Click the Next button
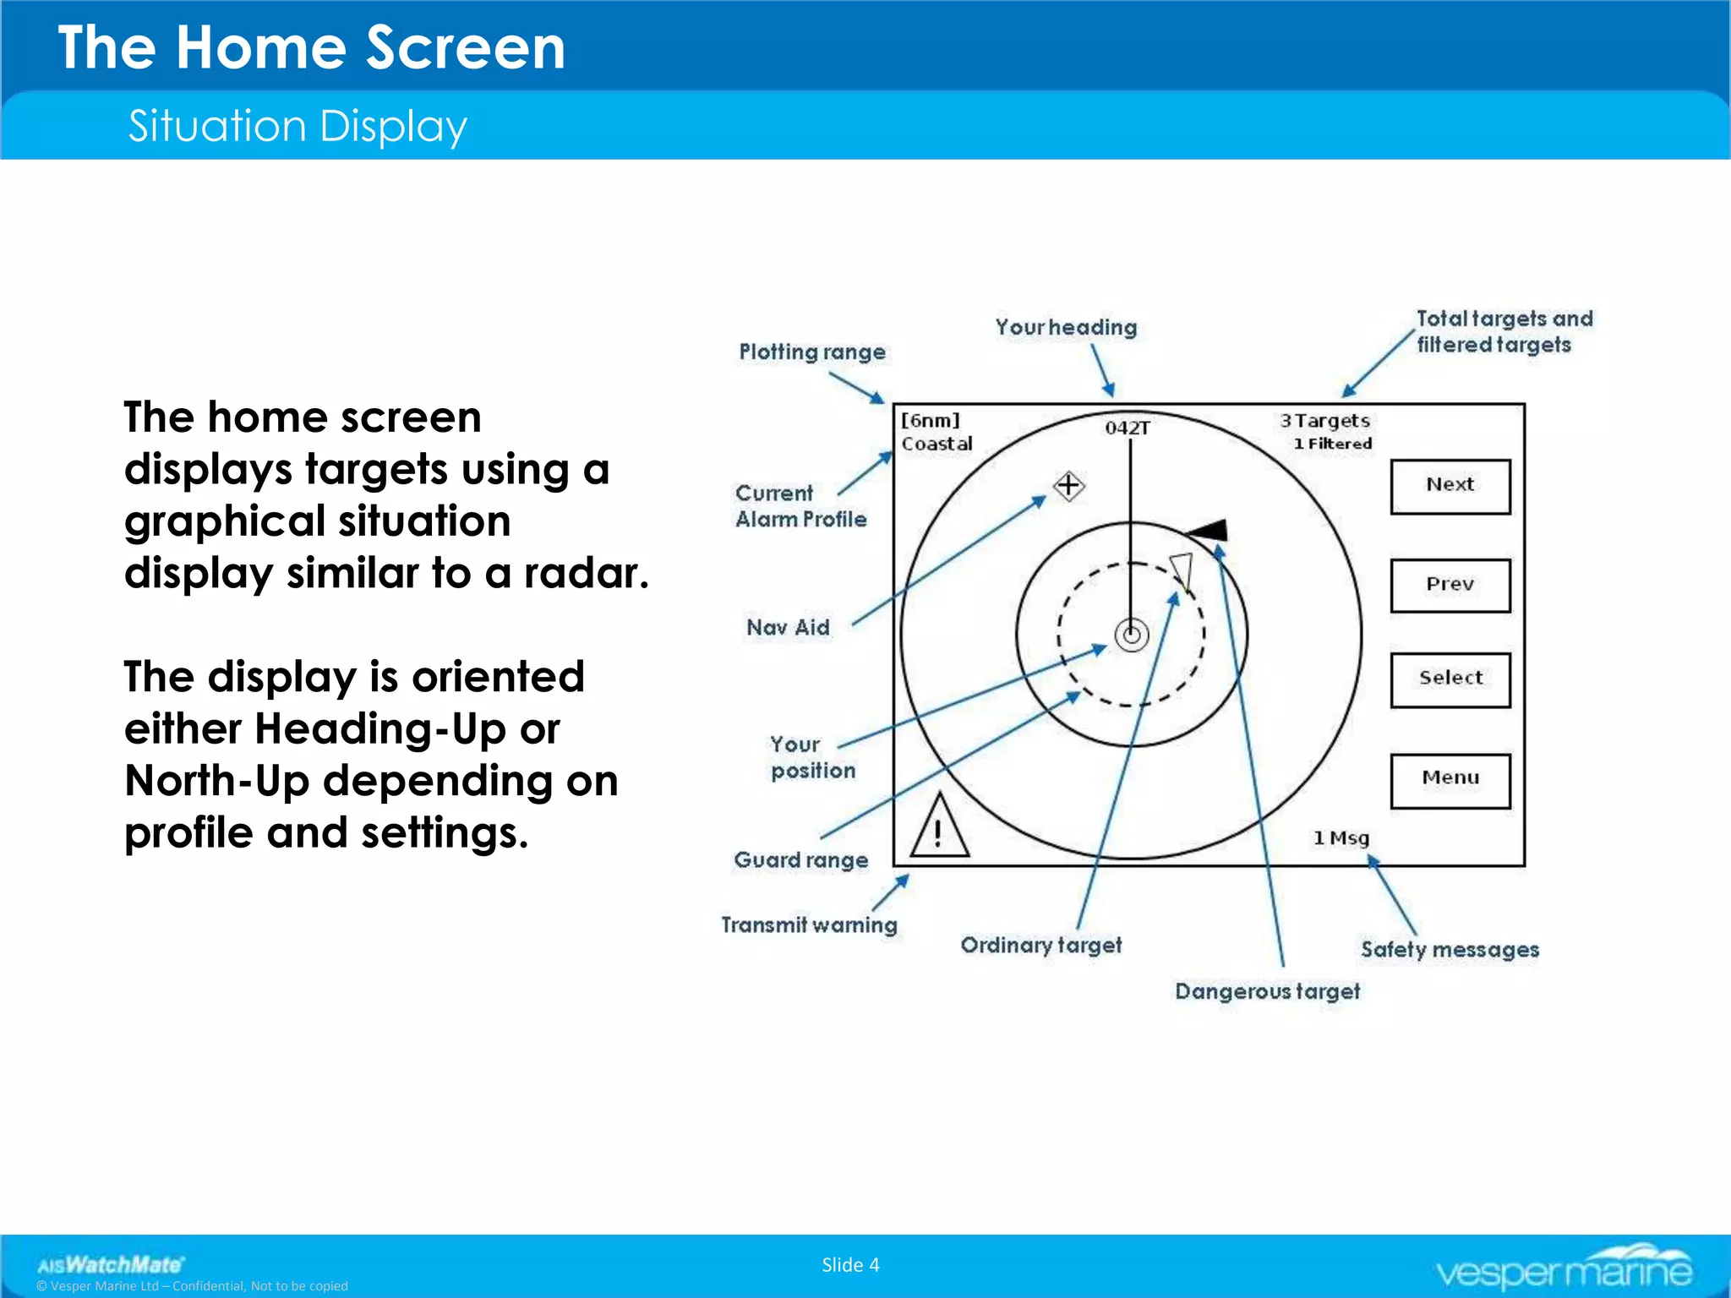click(1450, 486)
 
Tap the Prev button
click(1450, 585)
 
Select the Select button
click(1450, 679)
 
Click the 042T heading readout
click(1128, 428)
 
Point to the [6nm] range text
click(930, 420)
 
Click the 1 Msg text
click(1341, 837)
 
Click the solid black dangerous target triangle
click(1210, 531)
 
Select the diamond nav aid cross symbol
click(1069, 485)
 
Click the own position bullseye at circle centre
click(1131, 634)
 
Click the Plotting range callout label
click(812, 352)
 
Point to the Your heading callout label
click(1066, 327)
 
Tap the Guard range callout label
click(800, 859)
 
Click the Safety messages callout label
click(1450, 949)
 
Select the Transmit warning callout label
click(809, 924)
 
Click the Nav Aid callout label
click(788, 627)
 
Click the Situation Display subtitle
click(298, 126)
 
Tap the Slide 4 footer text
click(850, 1264)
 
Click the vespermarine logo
click(1564, 1267)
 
